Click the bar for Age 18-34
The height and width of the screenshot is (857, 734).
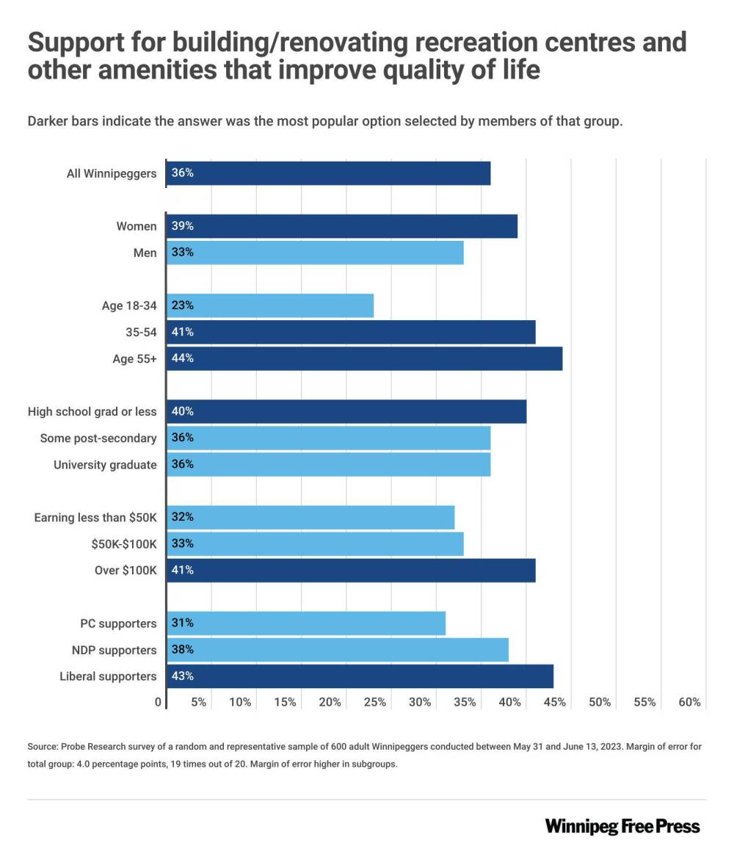[x=270, y=305]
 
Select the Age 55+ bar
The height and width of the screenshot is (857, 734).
[x=364, y=358]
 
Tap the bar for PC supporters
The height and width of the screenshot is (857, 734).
[x=306, y=623]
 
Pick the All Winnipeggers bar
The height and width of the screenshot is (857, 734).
[x=328, y=173]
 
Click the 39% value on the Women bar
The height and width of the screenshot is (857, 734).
[x=183, y=226]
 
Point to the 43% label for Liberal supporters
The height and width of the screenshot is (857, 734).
[x=183, y=676]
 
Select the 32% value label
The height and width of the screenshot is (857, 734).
[x=183, y=517]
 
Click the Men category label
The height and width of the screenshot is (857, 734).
[x=145, y=253]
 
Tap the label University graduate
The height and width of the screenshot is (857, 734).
[x=105, y=465]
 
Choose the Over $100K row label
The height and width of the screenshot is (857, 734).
[x=126, y=571]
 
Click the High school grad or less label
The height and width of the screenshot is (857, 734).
[x=92, y=412]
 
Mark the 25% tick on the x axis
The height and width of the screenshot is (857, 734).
[x=375, y=702]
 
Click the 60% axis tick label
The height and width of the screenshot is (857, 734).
[x=690, y=702]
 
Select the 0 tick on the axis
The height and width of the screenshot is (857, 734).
[x=159, y=702]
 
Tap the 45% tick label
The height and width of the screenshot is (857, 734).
[x=555, y=702]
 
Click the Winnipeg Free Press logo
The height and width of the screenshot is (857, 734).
[x=622, y=826]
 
